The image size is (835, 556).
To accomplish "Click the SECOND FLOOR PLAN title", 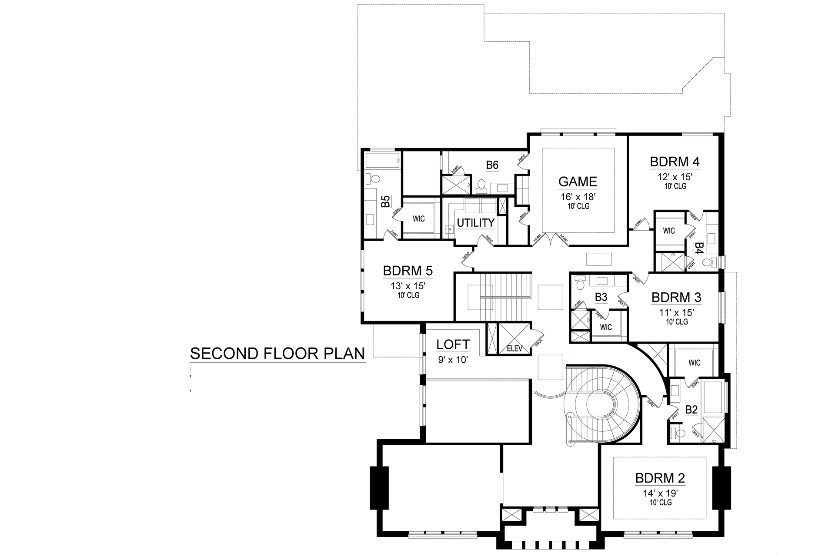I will coord(277,354).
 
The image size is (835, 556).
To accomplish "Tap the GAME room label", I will coord(578,182).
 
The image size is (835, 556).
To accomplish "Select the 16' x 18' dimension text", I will coord(578,197).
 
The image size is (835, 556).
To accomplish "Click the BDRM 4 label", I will coord(675,162).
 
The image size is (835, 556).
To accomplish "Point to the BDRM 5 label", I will coord(407,271).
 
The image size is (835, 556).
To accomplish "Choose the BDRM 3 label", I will coord(676,298).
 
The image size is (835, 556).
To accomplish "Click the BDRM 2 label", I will coord(660,478).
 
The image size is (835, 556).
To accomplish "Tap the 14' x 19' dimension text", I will coord(660,493).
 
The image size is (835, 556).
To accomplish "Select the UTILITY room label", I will coord(475,223).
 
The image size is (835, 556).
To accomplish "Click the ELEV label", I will coord(514,348).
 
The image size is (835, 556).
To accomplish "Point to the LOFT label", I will coord(453,345).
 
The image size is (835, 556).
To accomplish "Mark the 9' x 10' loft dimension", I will coord(453,360).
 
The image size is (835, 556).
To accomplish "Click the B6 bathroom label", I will coord(492,165).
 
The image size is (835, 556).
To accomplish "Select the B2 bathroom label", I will coord(691,410).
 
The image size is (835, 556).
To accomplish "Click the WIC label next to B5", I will coord(418,219).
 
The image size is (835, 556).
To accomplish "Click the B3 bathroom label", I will coord(601,297).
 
